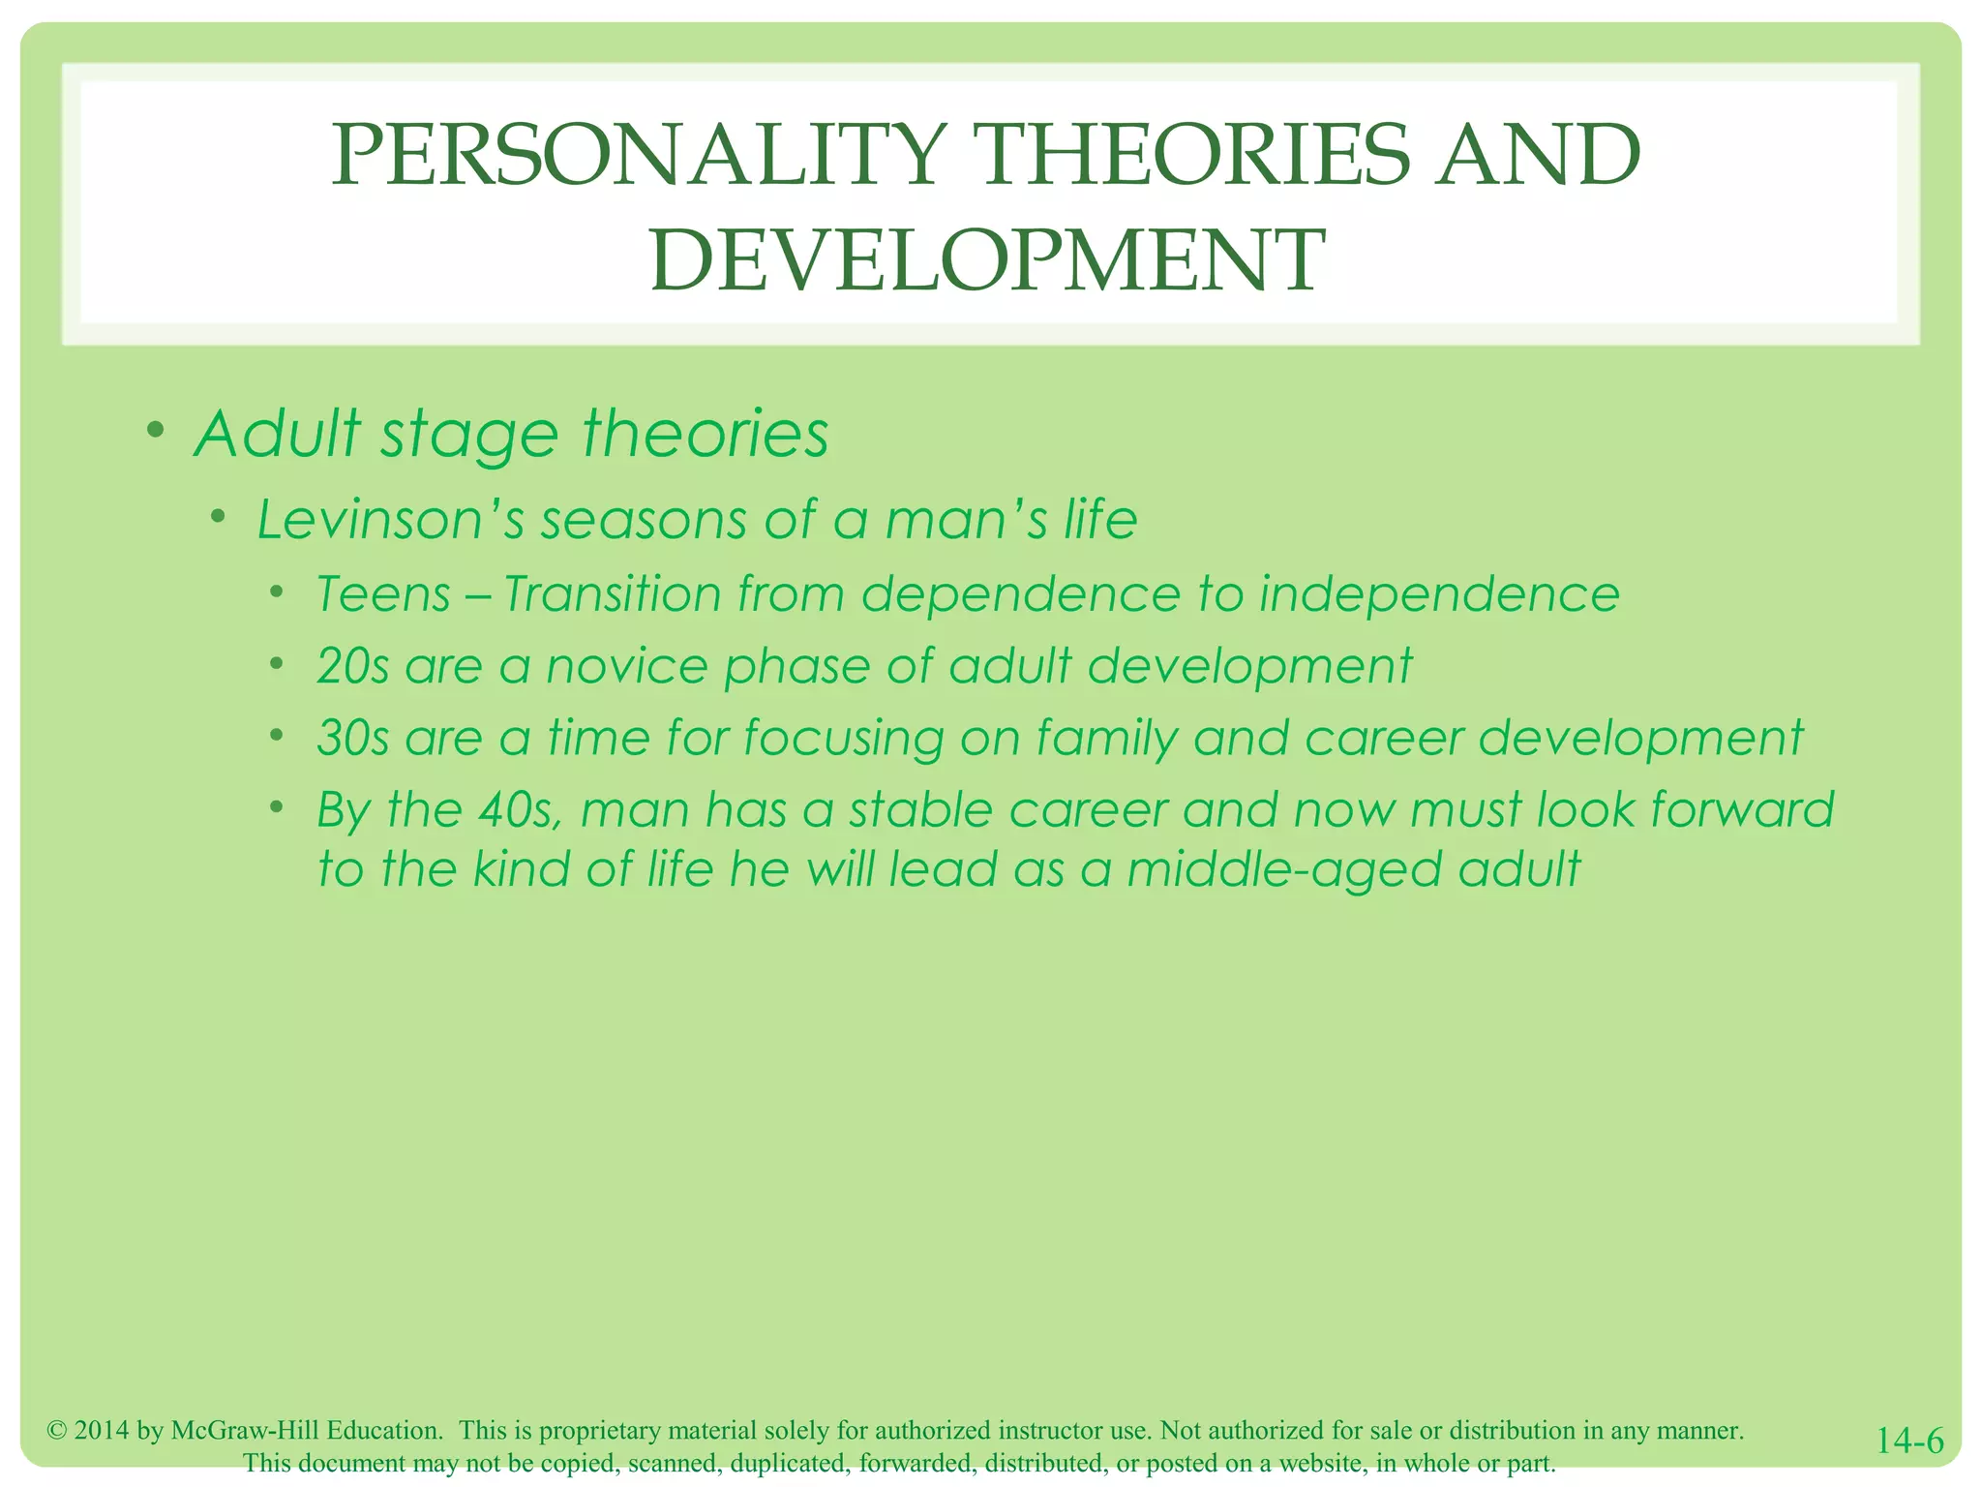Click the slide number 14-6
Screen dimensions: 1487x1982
pos(1909,1441)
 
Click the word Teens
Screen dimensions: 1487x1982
pos(383,594)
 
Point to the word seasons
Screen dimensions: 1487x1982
pos(644,520)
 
